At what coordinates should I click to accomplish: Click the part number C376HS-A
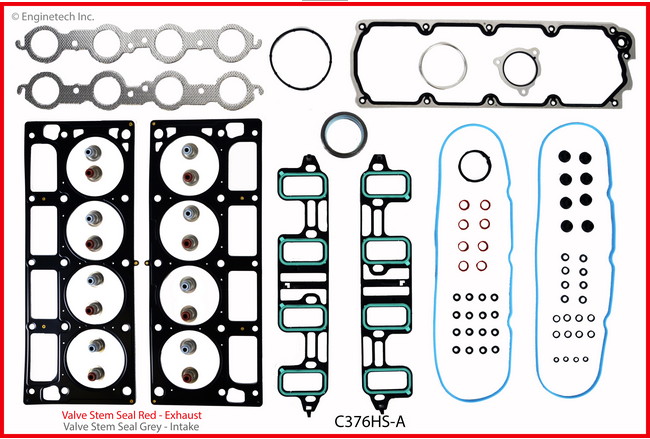(x=370, y=423)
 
